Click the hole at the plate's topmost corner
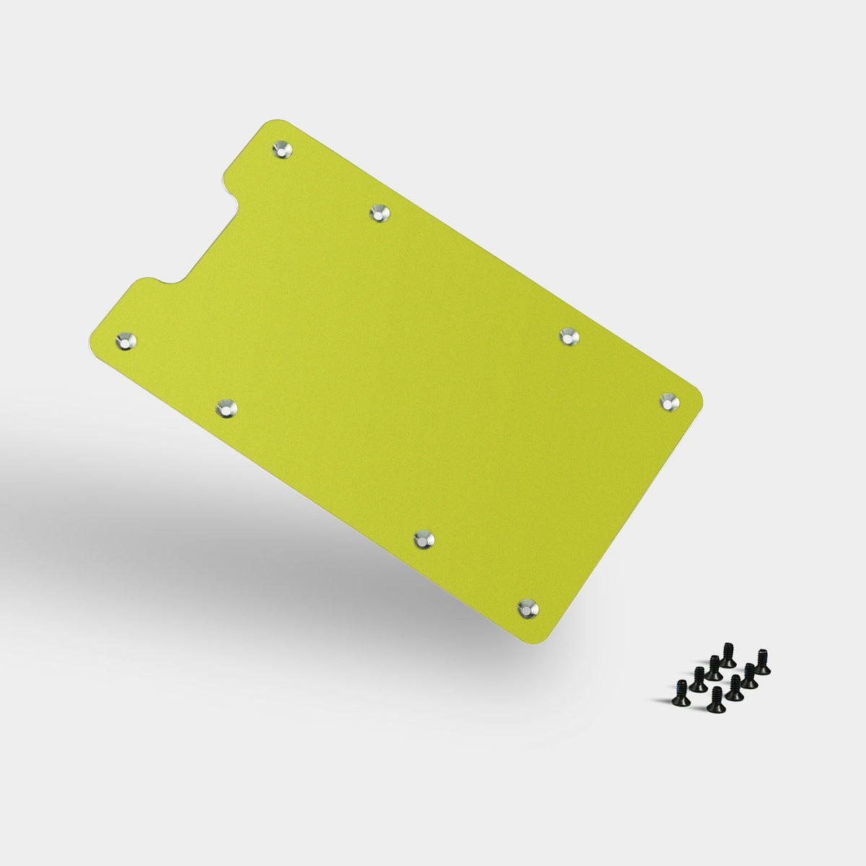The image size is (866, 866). (x=281, y=149)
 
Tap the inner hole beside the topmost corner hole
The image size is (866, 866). (x=379, y=214)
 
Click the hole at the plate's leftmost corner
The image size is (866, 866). (x=126, y=339)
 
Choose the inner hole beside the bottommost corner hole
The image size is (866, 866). (x=424, y=538)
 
